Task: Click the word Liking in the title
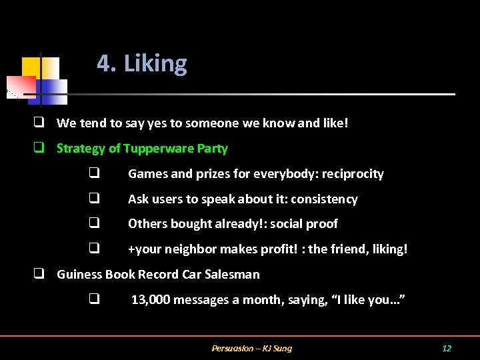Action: click(155, 64)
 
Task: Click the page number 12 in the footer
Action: click(447, 348)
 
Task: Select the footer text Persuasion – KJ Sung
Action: click(251, 348)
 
